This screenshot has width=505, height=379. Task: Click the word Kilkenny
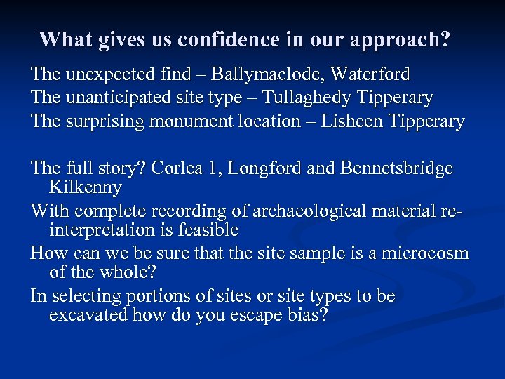point(86,187)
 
